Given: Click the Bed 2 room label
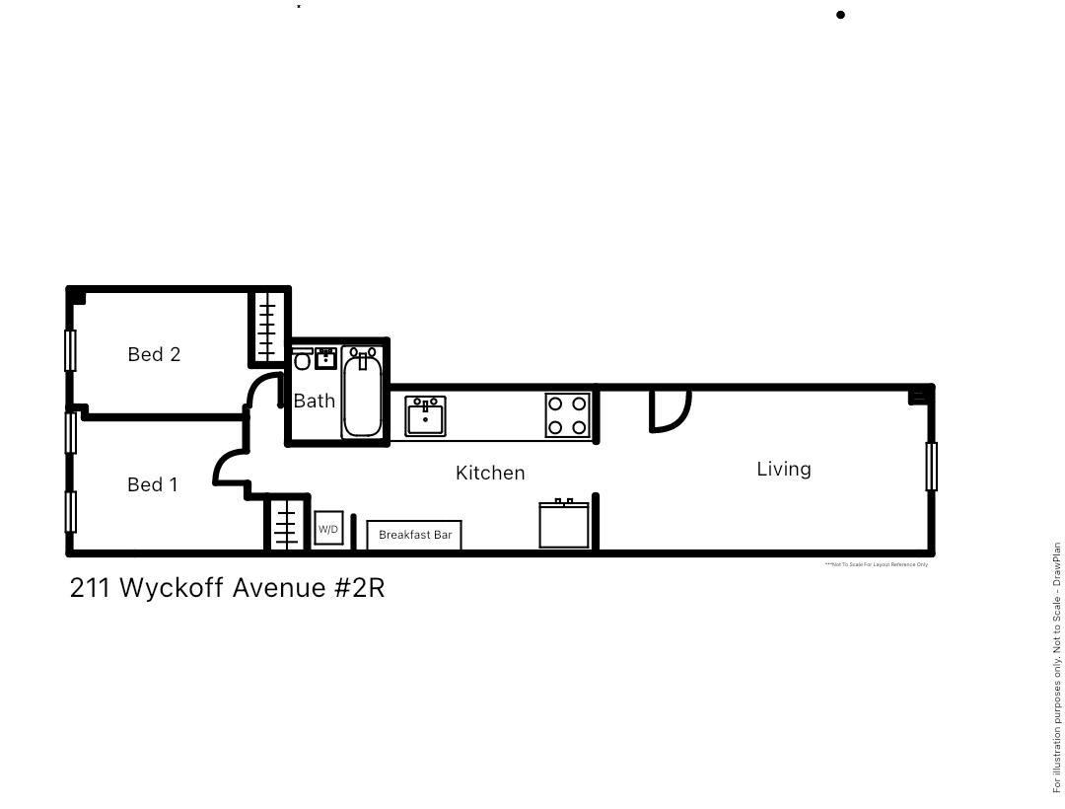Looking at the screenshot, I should (x=154, y=354).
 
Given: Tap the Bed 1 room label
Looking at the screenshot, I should (x=153, y=484).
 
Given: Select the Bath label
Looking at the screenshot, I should (x=315, y=401).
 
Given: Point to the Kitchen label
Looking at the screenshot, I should (x=490, y=473).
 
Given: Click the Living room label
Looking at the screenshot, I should (x=784, y=469).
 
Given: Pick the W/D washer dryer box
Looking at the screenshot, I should (x=328, y=529).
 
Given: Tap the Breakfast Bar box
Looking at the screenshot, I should (x=414, y=535).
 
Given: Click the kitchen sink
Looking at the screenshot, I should (x=425, y=415).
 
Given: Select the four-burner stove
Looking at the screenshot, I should (x=568, y=415).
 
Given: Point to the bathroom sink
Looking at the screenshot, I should (x=325, y=357).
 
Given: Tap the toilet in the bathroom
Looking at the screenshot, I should (x=302, y=360).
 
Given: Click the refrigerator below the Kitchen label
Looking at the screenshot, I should (x=564, y=524).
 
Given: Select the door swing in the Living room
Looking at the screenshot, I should (x=668, y=410).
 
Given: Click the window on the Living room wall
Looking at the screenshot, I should (x=931, y=467).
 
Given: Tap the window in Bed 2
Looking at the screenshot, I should (x=70, y=350).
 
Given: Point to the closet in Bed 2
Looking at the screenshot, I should (x=266, y=328).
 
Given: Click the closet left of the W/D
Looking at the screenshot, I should (x=285, y=524).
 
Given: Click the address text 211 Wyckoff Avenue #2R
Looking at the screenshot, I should (x=227, y=588).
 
